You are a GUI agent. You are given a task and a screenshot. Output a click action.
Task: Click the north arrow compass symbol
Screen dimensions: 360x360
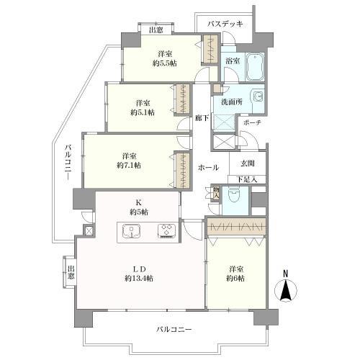pos(286,289)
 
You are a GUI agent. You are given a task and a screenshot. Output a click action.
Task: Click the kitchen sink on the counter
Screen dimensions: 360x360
pos(133,230)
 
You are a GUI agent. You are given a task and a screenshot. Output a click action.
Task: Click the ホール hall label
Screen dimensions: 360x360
pos(209,167)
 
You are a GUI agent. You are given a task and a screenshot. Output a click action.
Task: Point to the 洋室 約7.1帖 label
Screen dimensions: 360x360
pos(130,160)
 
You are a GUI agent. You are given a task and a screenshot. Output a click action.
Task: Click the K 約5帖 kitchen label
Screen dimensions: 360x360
pos(138,207)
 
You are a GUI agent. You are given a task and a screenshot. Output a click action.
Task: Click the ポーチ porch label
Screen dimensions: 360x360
pos(253,122)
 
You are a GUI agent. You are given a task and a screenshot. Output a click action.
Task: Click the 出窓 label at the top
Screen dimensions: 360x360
pos(155,30)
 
